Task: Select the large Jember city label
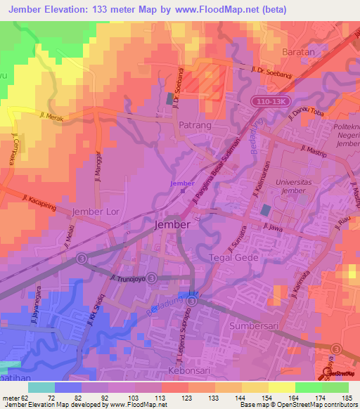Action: (172, 224)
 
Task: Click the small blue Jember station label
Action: (182, 183)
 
